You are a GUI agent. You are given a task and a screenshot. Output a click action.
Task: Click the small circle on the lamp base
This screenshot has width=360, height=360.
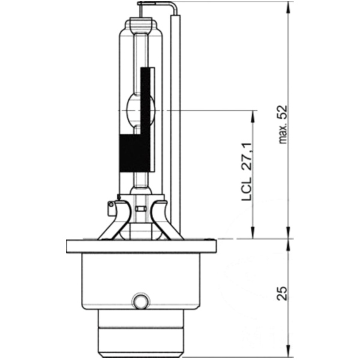point(140,299)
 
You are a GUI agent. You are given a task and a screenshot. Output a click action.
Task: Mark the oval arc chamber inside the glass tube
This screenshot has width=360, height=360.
point(142,109)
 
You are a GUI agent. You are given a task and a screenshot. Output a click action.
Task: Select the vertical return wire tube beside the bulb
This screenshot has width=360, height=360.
point(176,120)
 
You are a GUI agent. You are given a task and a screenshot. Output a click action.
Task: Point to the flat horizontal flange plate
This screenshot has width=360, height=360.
point(140,245)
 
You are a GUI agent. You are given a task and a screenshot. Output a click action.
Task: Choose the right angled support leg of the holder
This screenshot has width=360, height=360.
point(166,222)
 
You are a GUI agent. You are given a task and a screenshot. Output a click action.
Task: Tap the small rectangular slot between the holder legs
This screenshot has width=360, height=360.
point(141,209)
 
